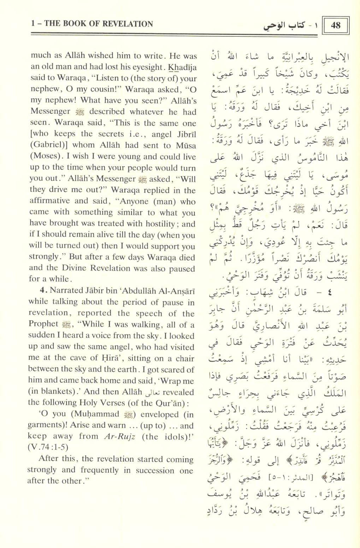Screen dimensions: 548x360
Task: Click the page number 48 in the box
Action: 336,25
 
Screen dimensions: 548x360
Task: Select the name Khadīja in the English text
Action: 182,67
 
